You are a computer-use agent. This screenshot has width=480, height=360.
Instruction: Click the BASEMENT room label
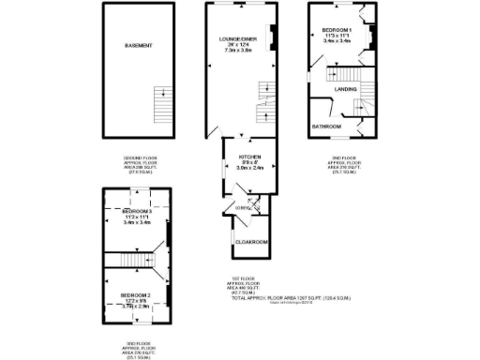coord(139,45)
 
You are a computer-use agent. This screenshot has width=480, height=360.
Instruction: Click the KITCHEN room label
coord(249,157)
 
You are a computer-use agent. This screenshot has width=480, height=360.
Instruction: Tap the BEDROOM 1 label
coord(337,30)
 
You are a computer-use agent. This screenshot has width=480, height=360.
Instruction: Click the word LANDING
coord(345,89)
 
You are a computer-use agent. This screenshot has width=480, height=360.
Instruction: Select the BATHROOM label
coord(325,125)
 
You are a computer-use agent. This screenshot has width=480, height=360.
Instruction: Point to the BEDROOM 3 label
coord(138,213)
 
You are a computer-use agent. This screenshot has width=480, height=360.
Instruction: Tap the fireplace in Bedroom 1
coord(370,37)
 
